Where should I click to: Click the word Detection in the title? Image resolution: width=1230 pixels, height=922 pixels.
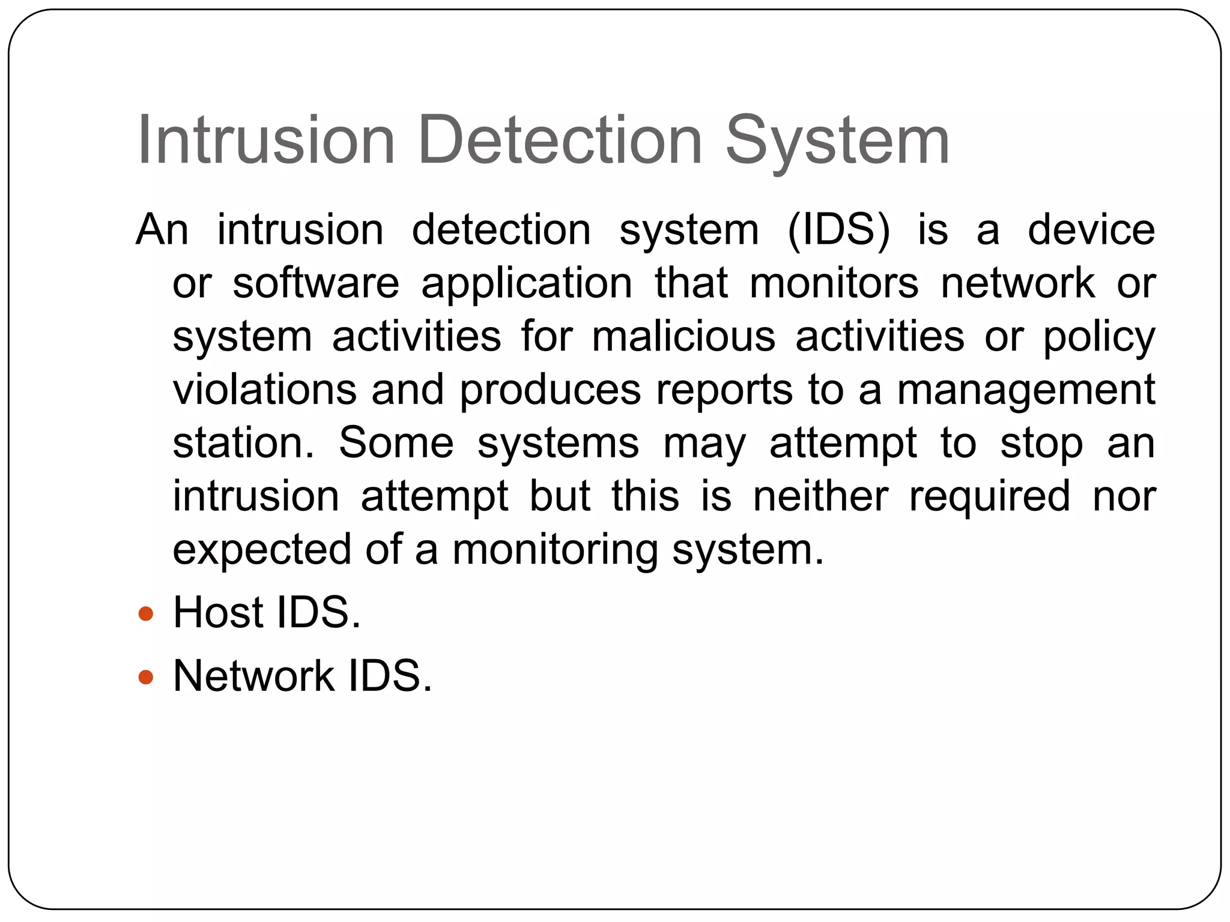(560, 140)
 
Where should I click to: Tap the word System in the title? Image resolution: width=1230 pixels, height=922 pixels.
(838, 140)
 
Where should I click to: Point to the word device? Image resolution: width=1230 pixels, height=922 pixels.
(1091, 230)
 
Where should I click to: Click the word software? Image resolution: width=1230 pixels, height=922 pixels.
(316, 283)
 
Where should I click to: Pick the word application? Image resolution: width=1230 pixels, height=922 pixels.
(527, 283)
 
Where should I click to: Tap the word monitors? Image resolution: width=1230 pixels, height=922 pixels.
(834, 283)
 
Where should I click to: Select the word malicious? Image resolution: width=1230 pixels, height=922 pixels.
(683, 336)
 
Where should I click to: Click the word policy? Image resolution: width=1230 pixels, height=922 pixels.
(1099, 336)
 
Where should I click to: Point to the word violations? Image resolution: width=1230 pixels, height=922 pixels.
(265, 390)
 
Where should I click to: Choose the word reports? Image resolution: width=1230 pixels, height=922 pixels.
(724, 390)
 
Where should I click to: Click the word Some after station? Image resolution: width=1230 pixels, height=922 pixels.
(396, 443)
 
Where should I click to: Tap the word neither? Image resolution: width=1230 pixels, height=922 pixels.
(820, 496)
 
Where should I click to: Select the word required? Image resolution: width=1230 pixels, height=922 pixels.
(989, 496)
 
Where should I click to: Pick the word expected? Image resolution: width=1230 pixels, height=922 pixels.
(262, 549)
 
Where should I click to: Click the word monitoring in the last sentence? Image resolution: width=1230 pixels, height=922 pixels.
(555, 549)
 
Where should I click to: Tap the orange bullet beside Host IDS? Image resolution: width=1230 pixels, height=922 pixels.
(146, 614)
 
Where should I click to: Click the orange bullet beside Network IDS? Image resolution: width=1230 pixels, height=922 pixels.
(146, 677)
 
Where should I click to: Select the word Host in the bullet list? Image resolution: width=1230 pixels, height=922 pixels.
(218, 613)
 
